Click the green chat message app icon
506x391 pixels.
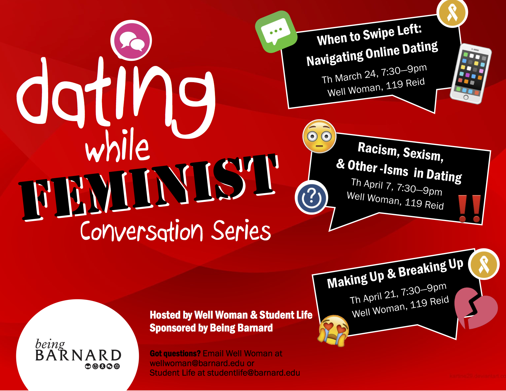pyautogui.click(x=276, y=32)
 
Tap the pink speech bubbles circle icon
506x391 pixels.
pyautogui.click(x=131, y=40)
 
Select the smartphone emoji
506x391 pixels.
pyautogui.click(x=471, y=74)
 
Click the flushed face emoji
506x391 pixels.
pyautogui.click(x=319, y=136)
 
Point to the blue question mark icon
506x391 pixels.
pyautogui.click(x=311, y=197)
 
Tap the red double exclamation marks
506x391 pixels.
pyautogui.click(x=470, y=209)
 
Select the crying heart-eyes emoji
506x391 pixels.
pyautogui.click(x=333, y=330)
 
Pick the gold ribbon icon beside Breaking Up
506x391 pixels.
pyautogui.click(x=484, y=264)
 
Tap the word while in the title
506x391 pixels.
pyautogui.click(x=117, y=146)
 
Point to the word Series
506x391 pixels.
pyautogui.click(x=241, y=230)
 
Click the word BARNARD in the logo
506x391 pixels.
pyautogui.click(x=78, y=355)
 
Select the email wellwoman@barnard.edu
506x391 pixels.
pyautogui.click(x=197, y=363)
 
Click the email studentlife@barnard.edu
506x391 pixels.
pyautogui.click(x=253, y=373)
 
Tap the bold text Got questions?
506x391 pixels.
pyautogui.click(x=175, y=354)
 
